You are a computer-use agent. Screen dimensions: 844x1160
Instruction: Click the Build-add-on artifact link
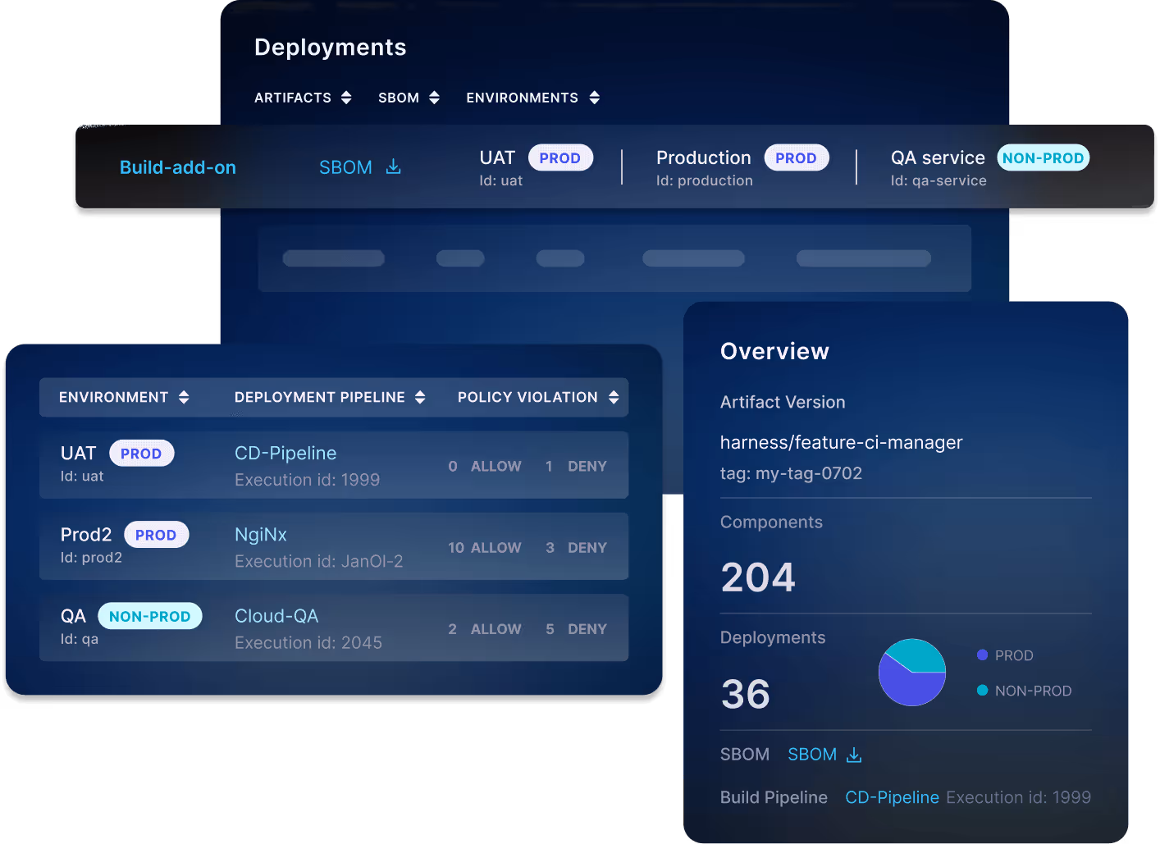pos(178,167)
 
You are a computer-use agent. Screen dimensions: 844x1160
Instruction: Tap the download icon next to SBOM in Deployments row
pos(394,167)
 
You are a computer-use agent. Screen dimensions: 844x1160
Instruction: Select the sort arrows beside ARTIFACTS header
pos(346,98)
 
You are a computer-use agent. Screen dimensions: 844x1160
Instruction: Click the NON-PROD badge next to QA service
pos(1043,157)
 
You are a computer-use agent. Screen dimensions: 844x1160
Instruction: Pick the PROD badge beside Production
pos(796,157)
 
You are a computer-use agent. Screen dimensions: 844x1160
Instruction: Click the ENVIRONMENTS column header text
pos(522,98)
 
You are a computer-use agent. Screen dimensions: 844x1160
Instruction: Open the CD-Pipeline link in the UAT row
pos(285,453)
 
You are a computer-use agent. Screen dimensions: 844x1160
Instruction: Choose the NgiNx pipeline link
pos(261,534)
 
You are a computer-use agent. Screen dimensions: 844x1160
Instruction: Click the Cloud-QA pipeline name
pos(276,615)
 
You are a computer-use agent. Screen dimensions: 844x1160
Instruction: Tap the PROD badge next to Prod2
pos(156,535)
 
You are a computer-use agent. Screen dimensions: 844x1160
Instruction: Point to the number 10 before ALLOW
pos(456,547)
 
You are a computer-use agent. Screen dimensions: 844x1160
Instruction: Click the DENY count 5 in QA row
pos(550,629)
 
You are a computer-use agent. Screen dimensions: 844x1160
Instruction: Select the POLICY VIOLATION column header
pos(527,397)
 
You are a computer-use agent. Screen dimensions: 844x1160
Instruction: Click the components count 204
pos(758,577)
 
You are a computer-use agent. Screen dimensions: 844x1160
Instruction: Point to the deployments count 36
pos(745,694)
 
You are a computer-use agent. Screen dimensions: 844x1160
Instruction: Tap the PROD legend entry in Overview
pos(1013,655)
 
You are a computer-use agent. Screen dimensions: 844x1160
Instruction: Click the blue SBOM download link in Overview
pos(824,755)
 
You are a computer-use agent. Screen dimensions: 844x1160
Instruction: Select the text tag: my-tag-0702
pos(791,473)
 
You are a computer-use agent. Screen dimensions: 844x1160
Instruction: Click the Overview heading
pos(774,351)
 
